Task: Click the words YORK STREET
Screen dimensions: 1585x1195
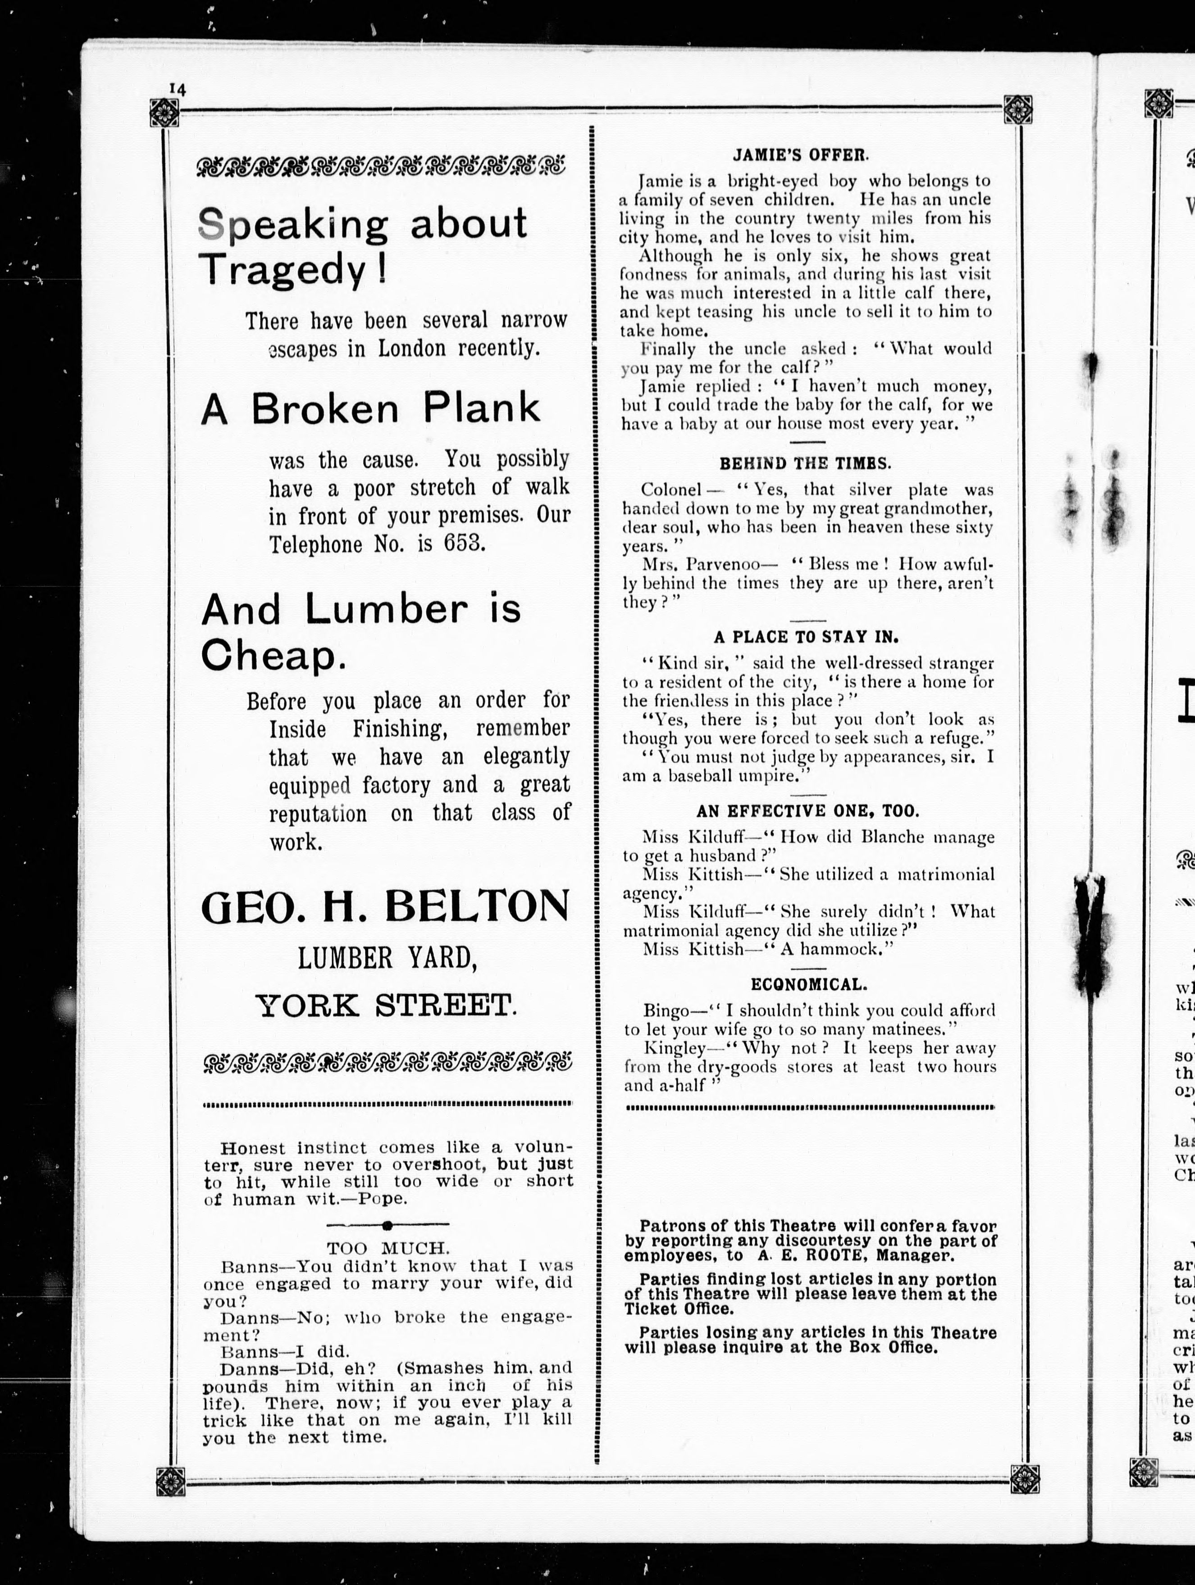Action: (386, 1005)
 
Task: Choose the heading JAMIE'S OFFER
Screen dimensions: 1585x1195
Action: (800, 154)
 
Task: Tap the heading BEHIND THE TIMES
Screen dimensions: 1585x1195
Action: (805, 464)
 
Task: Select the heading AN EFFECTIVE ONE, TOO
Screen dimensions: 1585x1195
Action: (807, 811)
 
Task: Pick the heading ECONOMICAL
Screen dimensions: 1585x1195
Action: (809, 984)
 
